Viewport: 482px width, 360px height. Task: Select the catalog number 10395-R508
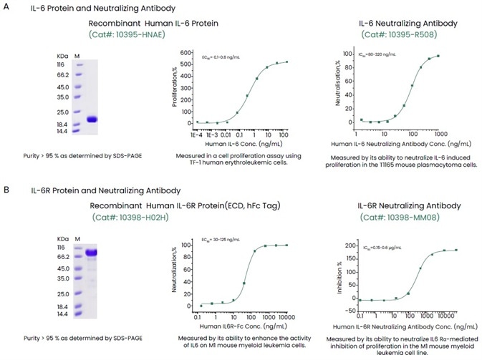click(397, 34)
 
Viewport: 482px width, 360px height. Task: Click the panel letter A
click(6, 8)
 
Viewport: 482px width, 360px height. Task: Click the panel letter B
click(6, 192)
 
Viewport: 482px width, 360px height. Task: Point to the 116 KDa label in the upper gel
click(63, 64)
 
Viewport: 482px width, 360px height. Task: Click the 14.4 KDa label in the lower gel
click(63, 314)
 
